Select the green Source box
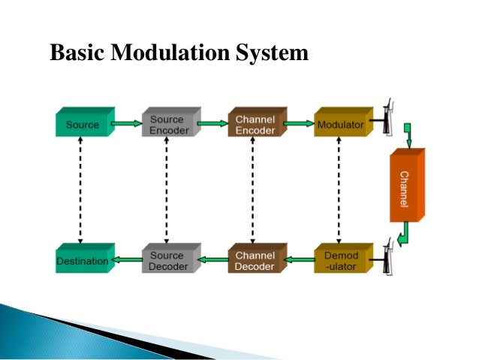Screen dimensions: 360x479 point(83,124)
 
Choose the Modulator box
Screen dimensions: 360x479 point(340,124)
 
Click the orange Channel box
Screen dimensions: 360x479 point(405,184)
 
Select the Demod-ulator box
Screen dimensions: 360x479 point(340,260)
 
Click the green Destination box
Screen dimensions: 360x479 point(83,261)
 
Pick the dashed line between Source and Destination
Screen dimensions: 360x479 point(80,192)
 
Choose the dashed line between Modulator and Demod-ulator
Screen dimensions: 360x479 point(339,192)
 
